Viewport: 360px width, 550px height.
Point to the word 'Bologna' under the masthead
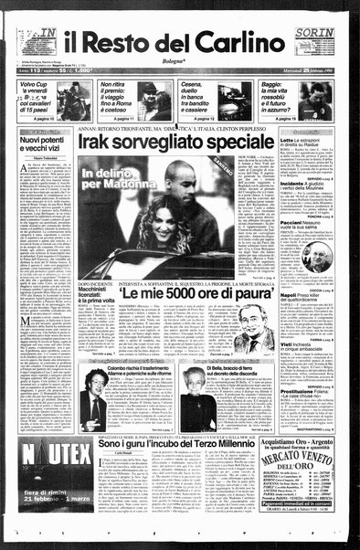181,66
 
